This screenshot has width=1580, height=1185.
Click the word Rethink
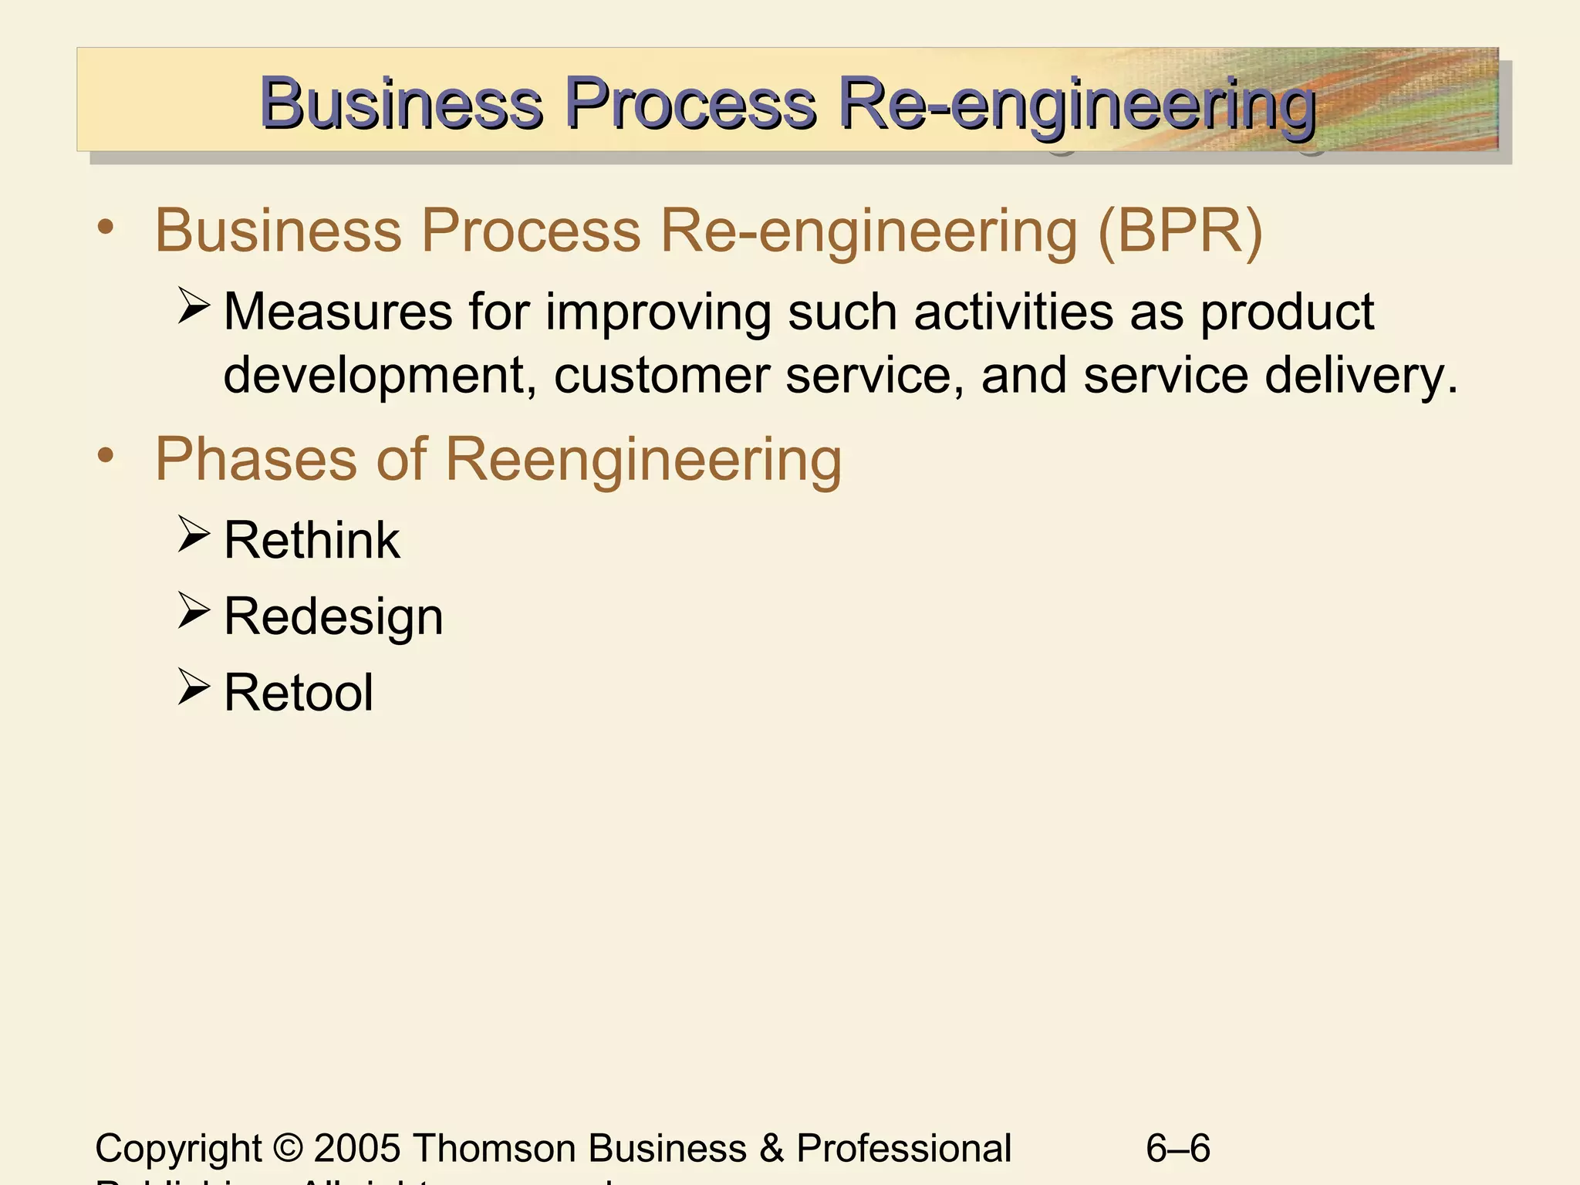click(312, 540)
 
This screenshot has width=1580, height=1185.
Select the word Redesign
click(333, 617)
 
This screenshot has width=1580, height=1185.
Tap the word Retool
click(299, 693)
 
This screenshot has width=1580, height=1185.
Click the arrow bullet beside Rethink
click(193, 534)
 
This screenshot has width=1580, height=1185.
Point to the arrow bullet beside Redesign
click(193, 610)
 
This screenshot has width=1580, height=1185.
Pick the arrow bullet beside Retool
click(193, 687)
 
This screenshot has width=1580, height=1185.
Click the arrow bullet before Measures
click(193, 306)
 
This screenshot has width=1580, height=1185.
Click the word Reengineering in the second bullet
click(643, 461)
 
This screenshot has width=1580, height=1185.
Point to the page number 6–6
click(1178, 1148)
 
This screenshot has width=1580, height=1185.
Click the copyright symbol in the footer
click(288, 1148)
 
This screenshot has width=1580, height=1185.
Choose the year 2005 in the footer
click(357, 1148)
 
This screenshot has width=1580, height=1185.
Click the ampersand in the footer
click(771, 1148)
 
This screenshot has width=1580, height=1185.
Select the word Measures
click(338, 312)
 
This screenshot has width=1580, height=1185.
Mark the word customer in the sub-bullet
click(661, 375)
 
